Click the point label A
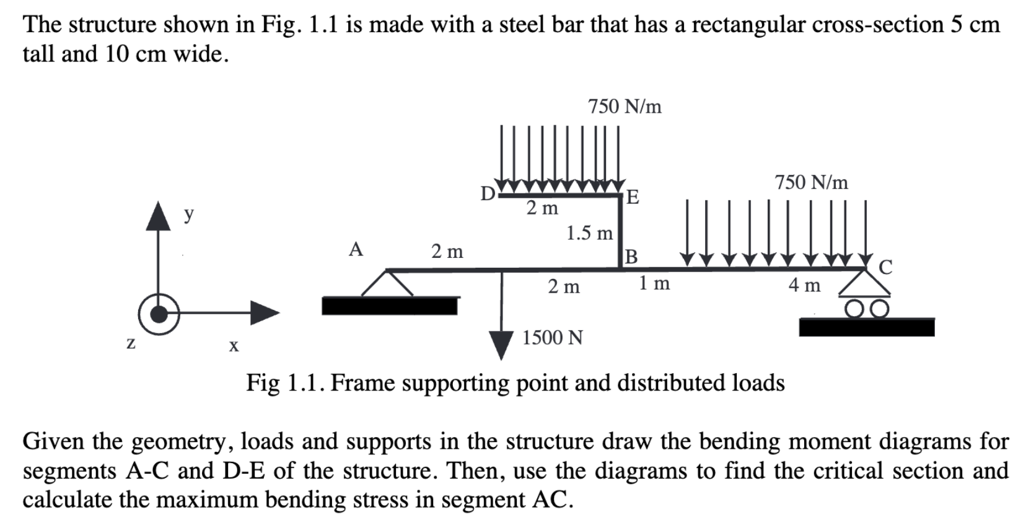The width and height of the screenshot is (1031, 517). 355,249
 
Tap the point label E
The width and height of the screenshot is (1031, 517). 632,198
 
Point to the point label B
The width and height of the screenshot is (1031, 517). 631,256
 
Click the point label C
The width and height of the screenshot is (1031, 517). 885,267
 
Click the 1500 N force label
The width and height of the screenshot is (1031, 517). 552,338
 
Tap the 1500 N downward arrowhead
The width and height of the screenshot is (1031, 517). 501,345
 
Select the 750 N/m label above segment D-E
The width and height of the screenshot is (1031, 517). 625,107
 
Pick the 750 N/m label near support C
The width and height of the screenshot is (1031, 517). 811,182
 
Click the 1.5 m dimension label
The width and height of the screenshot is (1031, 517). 589,233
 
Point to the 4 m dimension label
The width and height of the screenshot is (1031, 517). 804,285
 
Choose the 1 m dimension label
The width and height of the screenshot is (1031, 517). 654,283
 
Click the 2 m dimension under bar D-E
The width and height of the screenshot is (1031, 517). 542,208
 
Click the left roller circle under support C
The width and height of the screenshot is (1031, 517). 854,309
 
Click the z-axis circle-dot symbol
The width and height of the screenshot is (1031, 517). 159,314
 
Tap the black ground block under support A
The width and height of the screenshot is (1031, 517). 390,306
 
